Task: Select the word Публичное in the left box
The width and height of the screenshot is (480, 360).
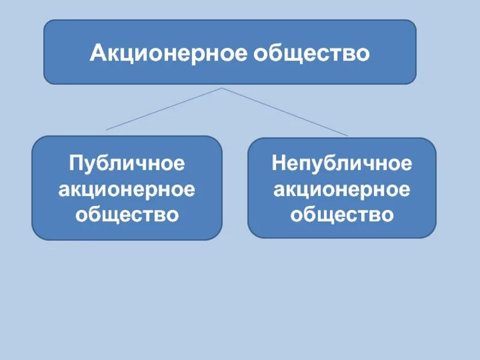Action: (127, 163)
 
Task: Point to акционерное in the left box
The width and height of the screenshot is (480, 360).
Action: (127, 189)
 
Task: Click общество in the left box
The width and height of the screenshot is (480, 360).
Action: (127, 214)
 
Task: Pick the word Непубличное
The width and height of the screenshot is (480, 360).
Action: (342, 163)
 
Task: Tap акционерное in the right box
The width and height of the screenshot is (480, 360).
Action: (342, 189)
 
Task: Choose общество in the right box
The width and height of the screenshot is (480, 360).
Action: (342, 214)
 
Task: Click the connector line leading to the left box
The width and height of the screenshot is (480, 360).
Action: (164, 109)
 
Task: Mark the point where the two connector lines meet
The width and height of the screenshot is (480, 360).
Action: (222, 89)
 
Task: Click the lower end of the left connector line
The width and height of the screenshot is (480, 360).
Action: (107, 129)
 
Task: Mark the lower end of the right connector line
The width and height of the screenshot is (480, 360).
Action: (347, 136)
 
